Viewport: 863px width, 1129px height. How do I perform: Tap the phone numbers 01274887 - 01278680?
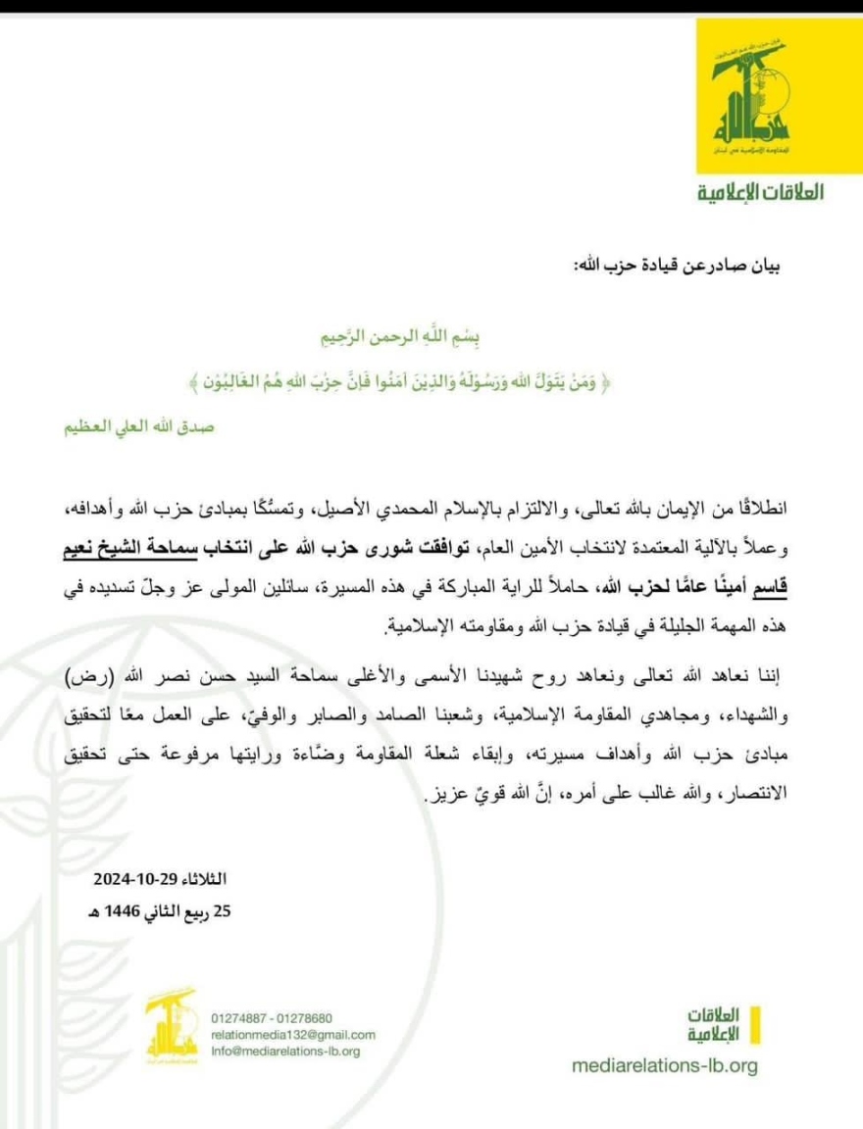pyautogui.click(x=272, y=1017)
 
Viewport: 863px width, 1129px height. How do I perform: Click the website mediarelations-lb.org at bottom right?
pyautogui.click(x=664, y=1066)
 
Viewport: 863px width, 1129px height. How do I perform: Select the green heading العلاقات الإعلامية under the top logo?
pyautogui.click(x=760, y=191)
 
